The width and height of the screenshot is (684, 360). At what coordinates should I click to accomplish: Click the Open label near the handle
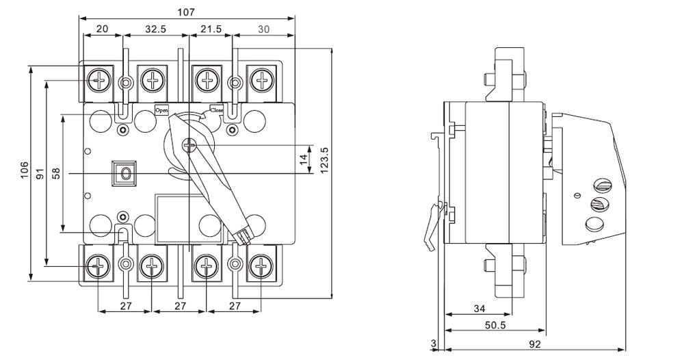coord(161,110)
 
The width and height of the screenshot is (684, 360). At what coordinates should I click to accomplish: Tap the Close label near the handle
coord(217,110)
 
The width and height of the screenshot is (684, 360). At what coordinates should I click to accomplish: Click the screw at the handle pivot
coord(190,144)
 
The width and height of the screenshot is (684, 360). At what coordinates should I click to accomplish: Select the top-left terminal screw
coord(99,79)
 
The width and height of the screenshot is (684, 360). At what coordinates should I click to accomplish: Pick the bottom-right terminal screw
coord(261,266)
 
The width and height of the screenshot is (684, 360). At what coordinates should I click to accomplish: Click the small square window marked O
coord(124,173)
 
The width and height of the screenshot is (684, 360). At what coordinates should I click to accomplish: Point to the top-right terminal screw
coord(261,79)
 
